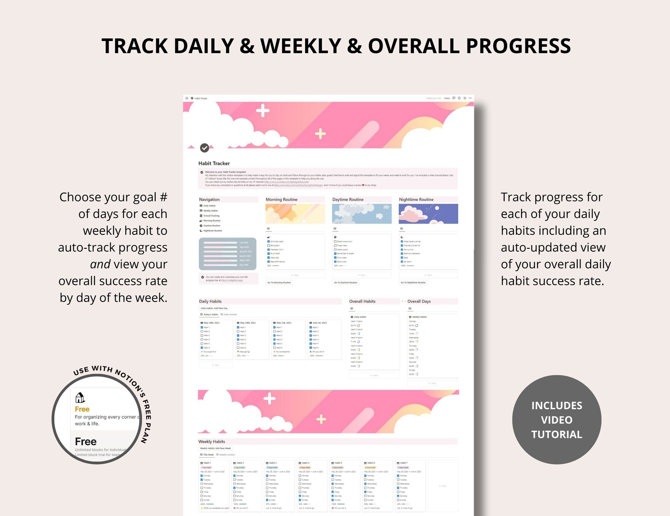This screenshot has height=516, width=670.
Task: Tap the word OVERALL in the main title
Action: pyautogui.click(x=413, y=46)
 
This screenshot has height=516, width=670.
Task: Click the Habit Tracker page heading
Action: pyautogui.click(x=214, y=163)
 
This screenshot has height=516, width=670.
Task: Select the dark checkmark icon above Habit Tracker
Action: pyautogui.click(x=205, y=148)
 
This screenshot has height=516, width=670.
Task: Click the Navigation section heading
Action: pyautogui.click(x=209, y=199)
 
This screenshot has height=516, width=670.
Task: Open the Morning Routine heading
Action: pyautogui.click(x=281, y=199)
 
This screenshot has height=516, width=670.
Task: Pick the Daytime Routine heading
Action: pyautogui.click(x=348, y=199)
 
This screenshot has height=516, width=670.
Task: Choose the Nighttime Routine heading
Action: pyautogui.click(x=416, y=199)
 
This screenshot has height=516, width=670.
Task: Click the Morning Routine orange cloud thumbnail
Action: pyautogui.click(x=295, y=214)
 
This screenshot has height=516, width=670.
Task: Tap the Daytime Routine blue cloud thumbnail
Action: pyautogui.click(x=362, y=214)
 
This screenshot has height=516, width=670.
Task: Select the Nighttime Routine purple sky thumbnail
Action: pyautogui.click(x=428, y=214)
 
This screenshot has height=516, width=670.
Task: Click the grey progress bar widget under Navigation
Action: pyautogui.click(x=227, y=254)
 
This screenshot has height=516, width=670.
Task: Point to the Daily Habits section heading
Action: pyautogui.click(x=210, y=301)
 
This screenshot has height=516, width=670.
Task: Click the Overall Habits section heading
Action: pyautogui.click(x=362, y=301)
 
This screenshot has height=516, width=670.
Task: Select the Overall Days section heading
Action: pyautogui.click(x=419, y=301)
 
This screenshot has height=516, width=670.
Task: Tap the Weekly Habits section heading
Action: pyautogui.click(x=211, y=442)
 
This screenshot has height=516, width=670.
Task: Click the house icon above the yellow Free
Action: pyautogui.click(x=80, y=398)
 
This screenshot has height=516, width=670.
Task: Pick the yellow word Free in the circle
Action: pyautogui.click(x=82, y=409)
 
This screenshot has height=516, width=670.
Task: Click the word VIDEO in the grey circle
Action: pyautogui.click(x=557, y=420)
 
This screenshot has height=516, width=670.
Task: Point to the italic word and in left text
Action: pyautogui.click(x=100, y=264)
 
